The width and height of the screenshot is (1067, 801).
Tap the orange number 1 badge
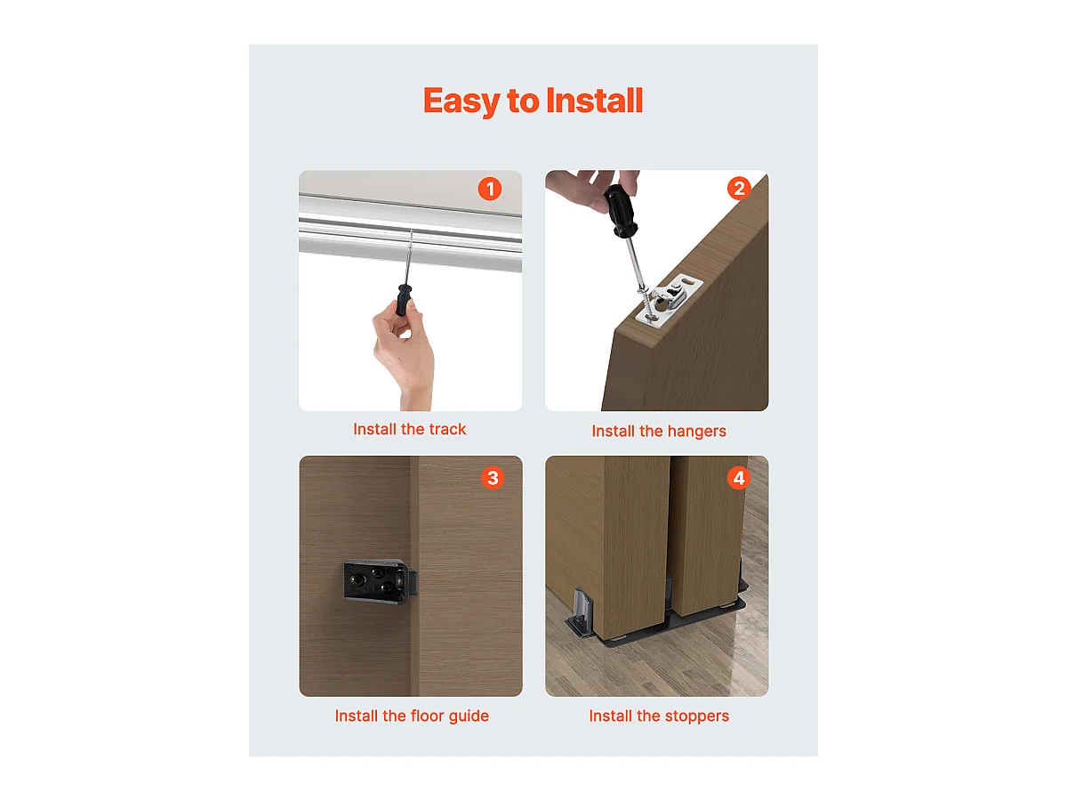click(489, 189)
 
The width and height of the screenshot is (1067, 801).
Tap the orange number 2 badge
click(738, 189)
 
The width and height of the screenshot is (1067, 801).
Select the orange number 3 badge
click(492, 478)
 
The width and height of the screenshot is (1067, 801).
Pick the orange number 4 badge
click(738, 478)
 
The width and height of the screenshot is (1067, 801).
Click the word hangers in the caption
click(694, 431)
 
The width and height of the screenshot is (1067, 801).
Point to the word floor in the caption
click(430, 716)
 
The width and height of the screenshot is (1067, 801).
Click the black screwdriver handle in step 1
click(405, 300)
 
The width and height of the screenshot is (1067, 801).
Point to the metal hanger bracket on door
click(673, 297)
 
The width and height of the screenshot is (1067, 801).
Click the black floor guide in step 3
click(374, 581)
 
